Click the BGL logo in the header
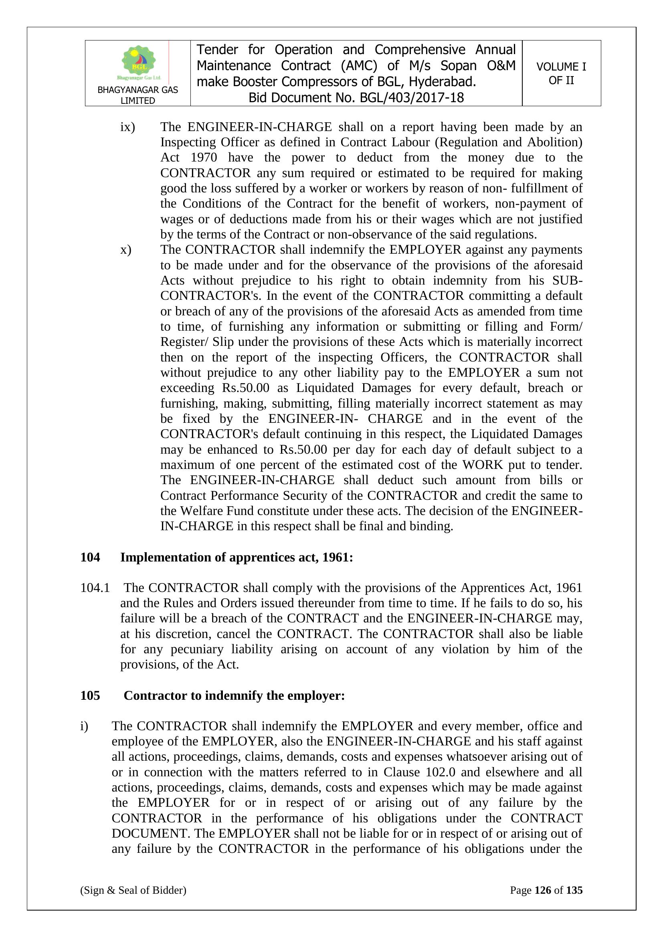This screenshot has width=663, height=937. [138, 62]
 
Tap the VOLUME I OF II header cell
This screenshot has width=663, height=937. [561, 73]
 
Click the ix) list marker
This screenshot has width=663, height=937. [127, 127]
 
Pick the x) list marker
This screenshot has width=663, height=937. [126, 250]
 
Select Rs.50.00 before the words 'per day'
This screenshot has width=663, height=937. [303, 449]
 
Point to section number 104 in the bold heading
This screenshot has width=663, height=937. [90, 557]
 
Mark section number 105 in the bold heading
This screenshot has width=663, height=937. [90, 695]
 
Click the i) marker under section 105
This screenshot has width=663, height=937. [84, 726]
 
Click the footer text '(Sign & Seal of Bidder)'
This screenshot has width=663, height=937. [133, 890]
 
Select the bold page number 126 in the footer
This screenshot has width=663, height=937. [543, 890]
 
